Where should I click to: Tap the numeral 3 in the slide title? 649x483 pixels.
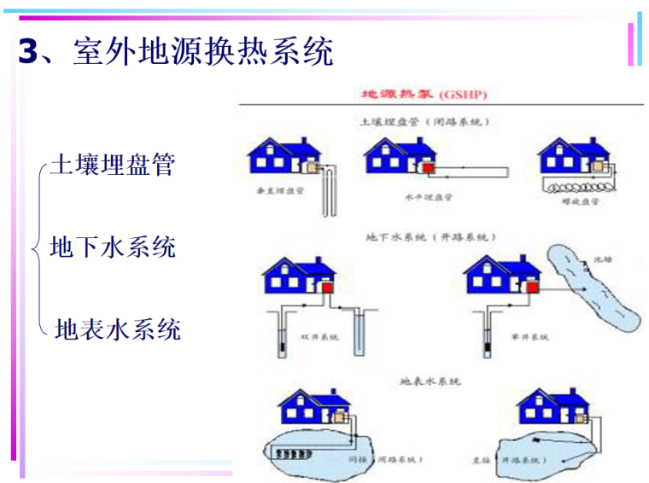coord(30,52)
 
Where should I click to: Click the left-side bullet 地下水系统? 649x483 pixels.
coord(113,247)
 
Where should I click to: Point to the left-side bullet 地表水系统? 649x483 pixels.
coord(118,329)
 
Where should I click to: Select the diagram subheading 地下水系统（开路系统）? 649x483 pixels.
coord(431,236)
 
